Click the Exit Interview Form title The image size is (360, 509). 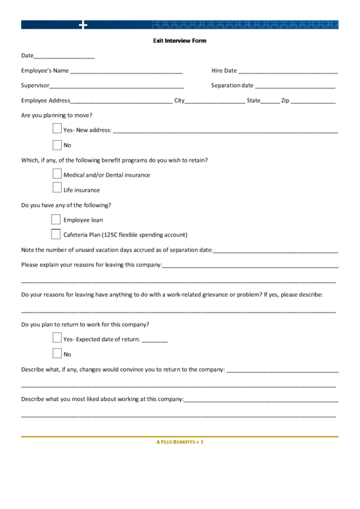tap(179, 41)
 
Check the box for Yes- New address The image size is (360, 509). tap(57, 128)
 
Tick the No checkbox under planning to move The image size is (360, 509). tap(57, 144)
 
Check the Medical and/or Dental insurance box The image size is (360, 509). tap(57, 174)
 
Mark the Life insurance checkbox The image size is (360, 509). tap(57, 189)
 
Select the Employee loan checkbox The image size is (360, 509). tap(56, 220)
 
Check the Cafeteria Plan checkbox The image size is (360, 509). tap(56, 234)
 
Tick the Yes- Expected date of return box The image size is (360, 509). tap(57, 338)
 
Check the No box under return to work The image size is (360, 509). tap(57, 353)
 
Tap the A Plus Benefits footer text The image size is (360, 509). tap(180, 442)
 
